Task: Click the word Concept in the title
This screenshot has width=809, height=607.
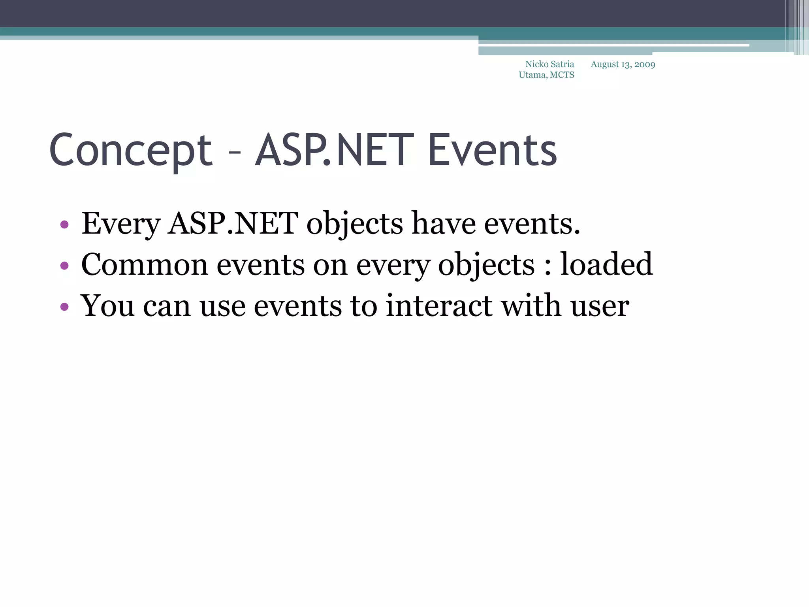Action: click(130, 150)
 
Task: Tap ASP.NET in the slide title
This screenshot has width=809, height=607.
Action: click(334, 150)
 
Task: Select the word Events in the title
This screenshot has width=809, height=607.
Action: click(492, 150)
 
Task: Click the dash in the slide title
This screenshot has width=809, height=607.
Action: click(234, 153)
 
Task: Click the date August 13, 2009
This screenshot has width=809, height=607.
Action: click(623, 64)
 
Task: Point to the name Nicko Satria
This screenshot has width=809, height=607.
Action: click(549, 64)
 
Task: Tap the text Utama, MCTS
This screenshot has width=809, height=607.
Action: click(546, 75)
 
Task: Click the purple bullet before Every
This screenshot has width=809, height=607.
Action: click(64, 225)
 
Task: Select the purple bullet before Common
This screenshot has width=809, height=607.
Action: click(64, 266)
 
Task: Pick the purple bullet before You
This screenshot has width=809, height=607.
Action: click(64, 307)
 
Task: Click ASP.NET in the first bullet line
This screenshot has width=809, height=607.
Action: click(233, 224)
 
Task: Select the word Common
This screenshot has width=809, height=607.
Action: click(144, 265)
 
